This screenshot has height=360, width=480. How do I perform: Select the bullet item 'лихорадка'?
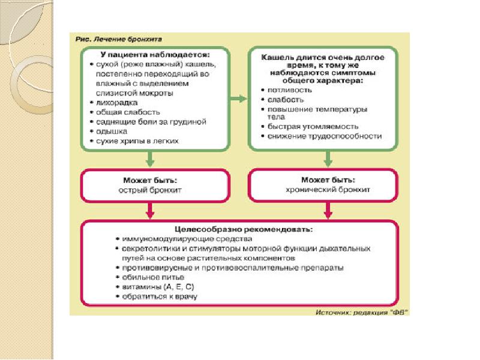[116, 103]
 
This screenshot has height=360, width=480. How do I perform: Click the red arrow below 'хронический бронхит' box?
[328, 211]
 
